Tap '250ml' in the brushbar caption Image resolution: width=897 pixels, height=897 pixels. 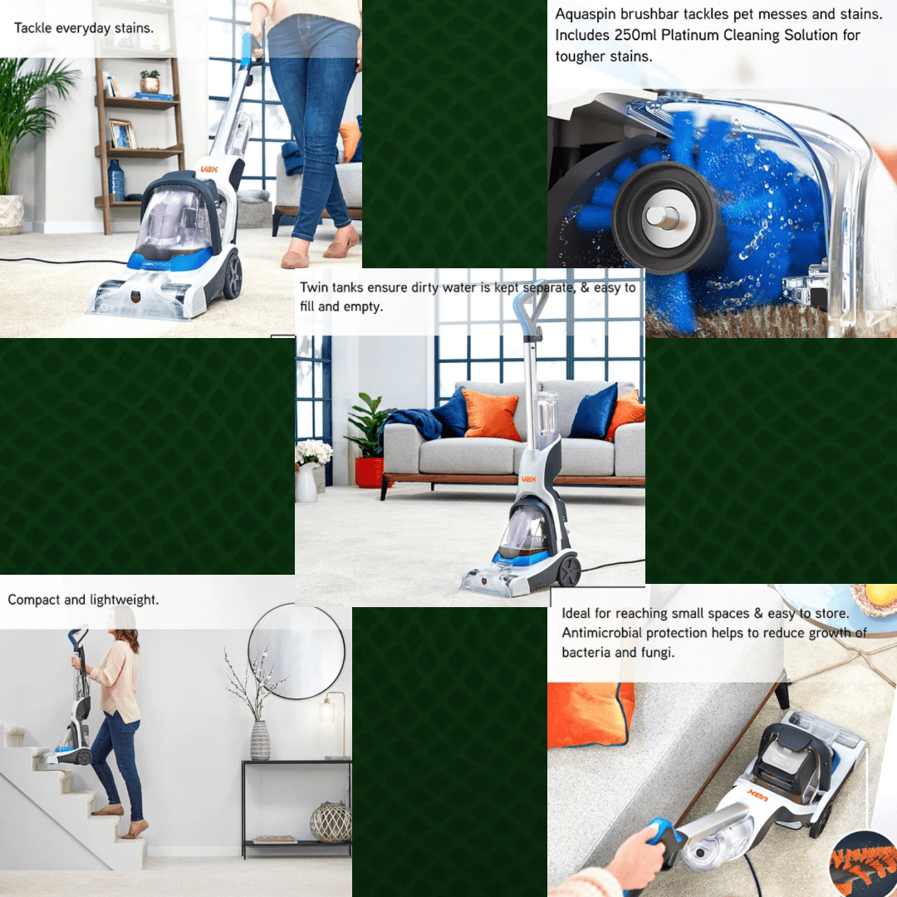[635, 35]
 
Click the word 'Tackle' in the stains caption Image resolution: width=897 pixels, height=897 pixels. [32, 28]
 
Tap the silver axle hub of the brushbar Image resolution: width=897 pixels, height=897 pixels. [664, 218]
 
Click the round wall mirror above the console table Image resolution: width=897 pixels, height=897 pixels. [297, 651]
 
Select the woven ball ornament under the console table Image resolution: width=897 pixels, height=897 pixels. [331, 822]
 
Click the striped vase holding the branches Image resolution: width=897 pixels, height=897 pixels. [260, 740]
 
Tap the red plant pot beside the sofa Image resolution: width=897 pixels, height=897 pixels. [370, 473]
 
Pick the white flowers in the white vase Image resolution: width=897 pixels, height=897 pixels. [313, 452]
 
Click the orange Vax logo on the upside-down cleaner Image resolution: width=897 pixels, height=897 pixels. [758, 795]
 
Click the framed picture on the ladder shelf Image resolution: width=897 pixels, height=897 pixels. [122, 135]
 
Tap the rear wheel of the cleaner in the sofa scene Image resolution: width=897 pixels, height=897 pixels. [569, 571]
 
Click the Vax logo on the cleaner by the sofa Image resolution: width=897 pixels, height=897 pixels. [528, 479]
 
